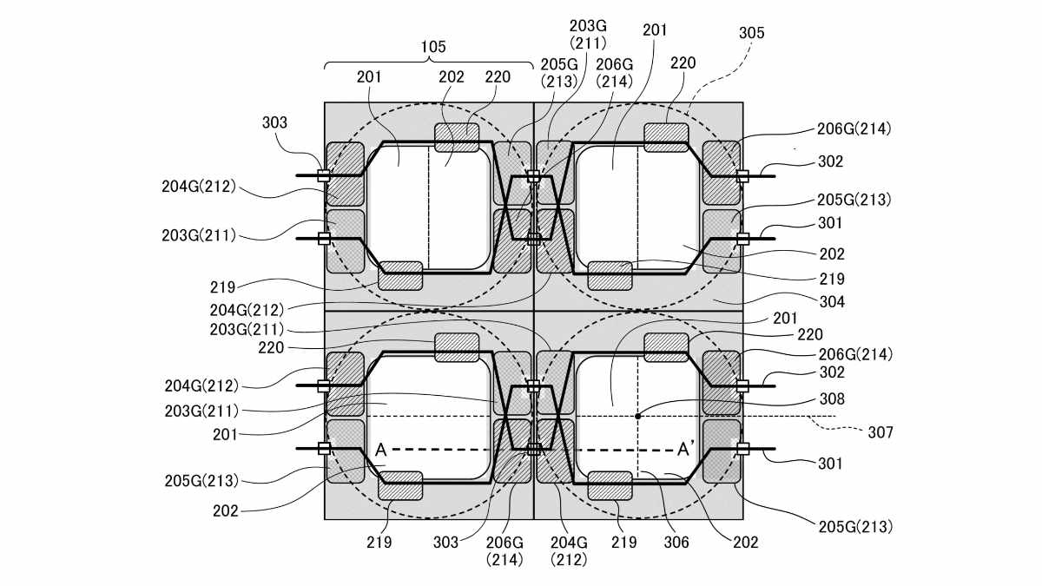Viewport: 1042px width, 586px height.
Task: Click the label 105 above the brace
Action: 433,47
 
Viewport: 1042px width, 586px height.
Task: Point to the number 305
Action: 751,33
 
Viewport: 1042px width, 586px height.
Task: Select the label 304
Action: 832,302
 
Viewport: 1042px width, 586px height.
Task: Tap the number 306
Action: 676,542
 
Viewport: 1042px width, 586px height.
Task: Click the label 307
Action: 880,432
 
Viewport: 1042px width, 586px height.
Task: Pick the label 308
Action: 832,399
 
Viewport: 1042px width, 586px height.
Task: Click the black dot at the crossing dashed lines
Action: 637,416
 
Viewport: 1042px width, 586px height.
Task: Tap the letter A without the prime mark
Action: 380,450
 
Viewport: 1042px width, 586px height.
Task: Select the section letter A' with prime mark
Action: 686,450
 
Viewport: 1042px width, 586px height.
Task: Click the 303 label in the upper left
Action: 274,122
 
